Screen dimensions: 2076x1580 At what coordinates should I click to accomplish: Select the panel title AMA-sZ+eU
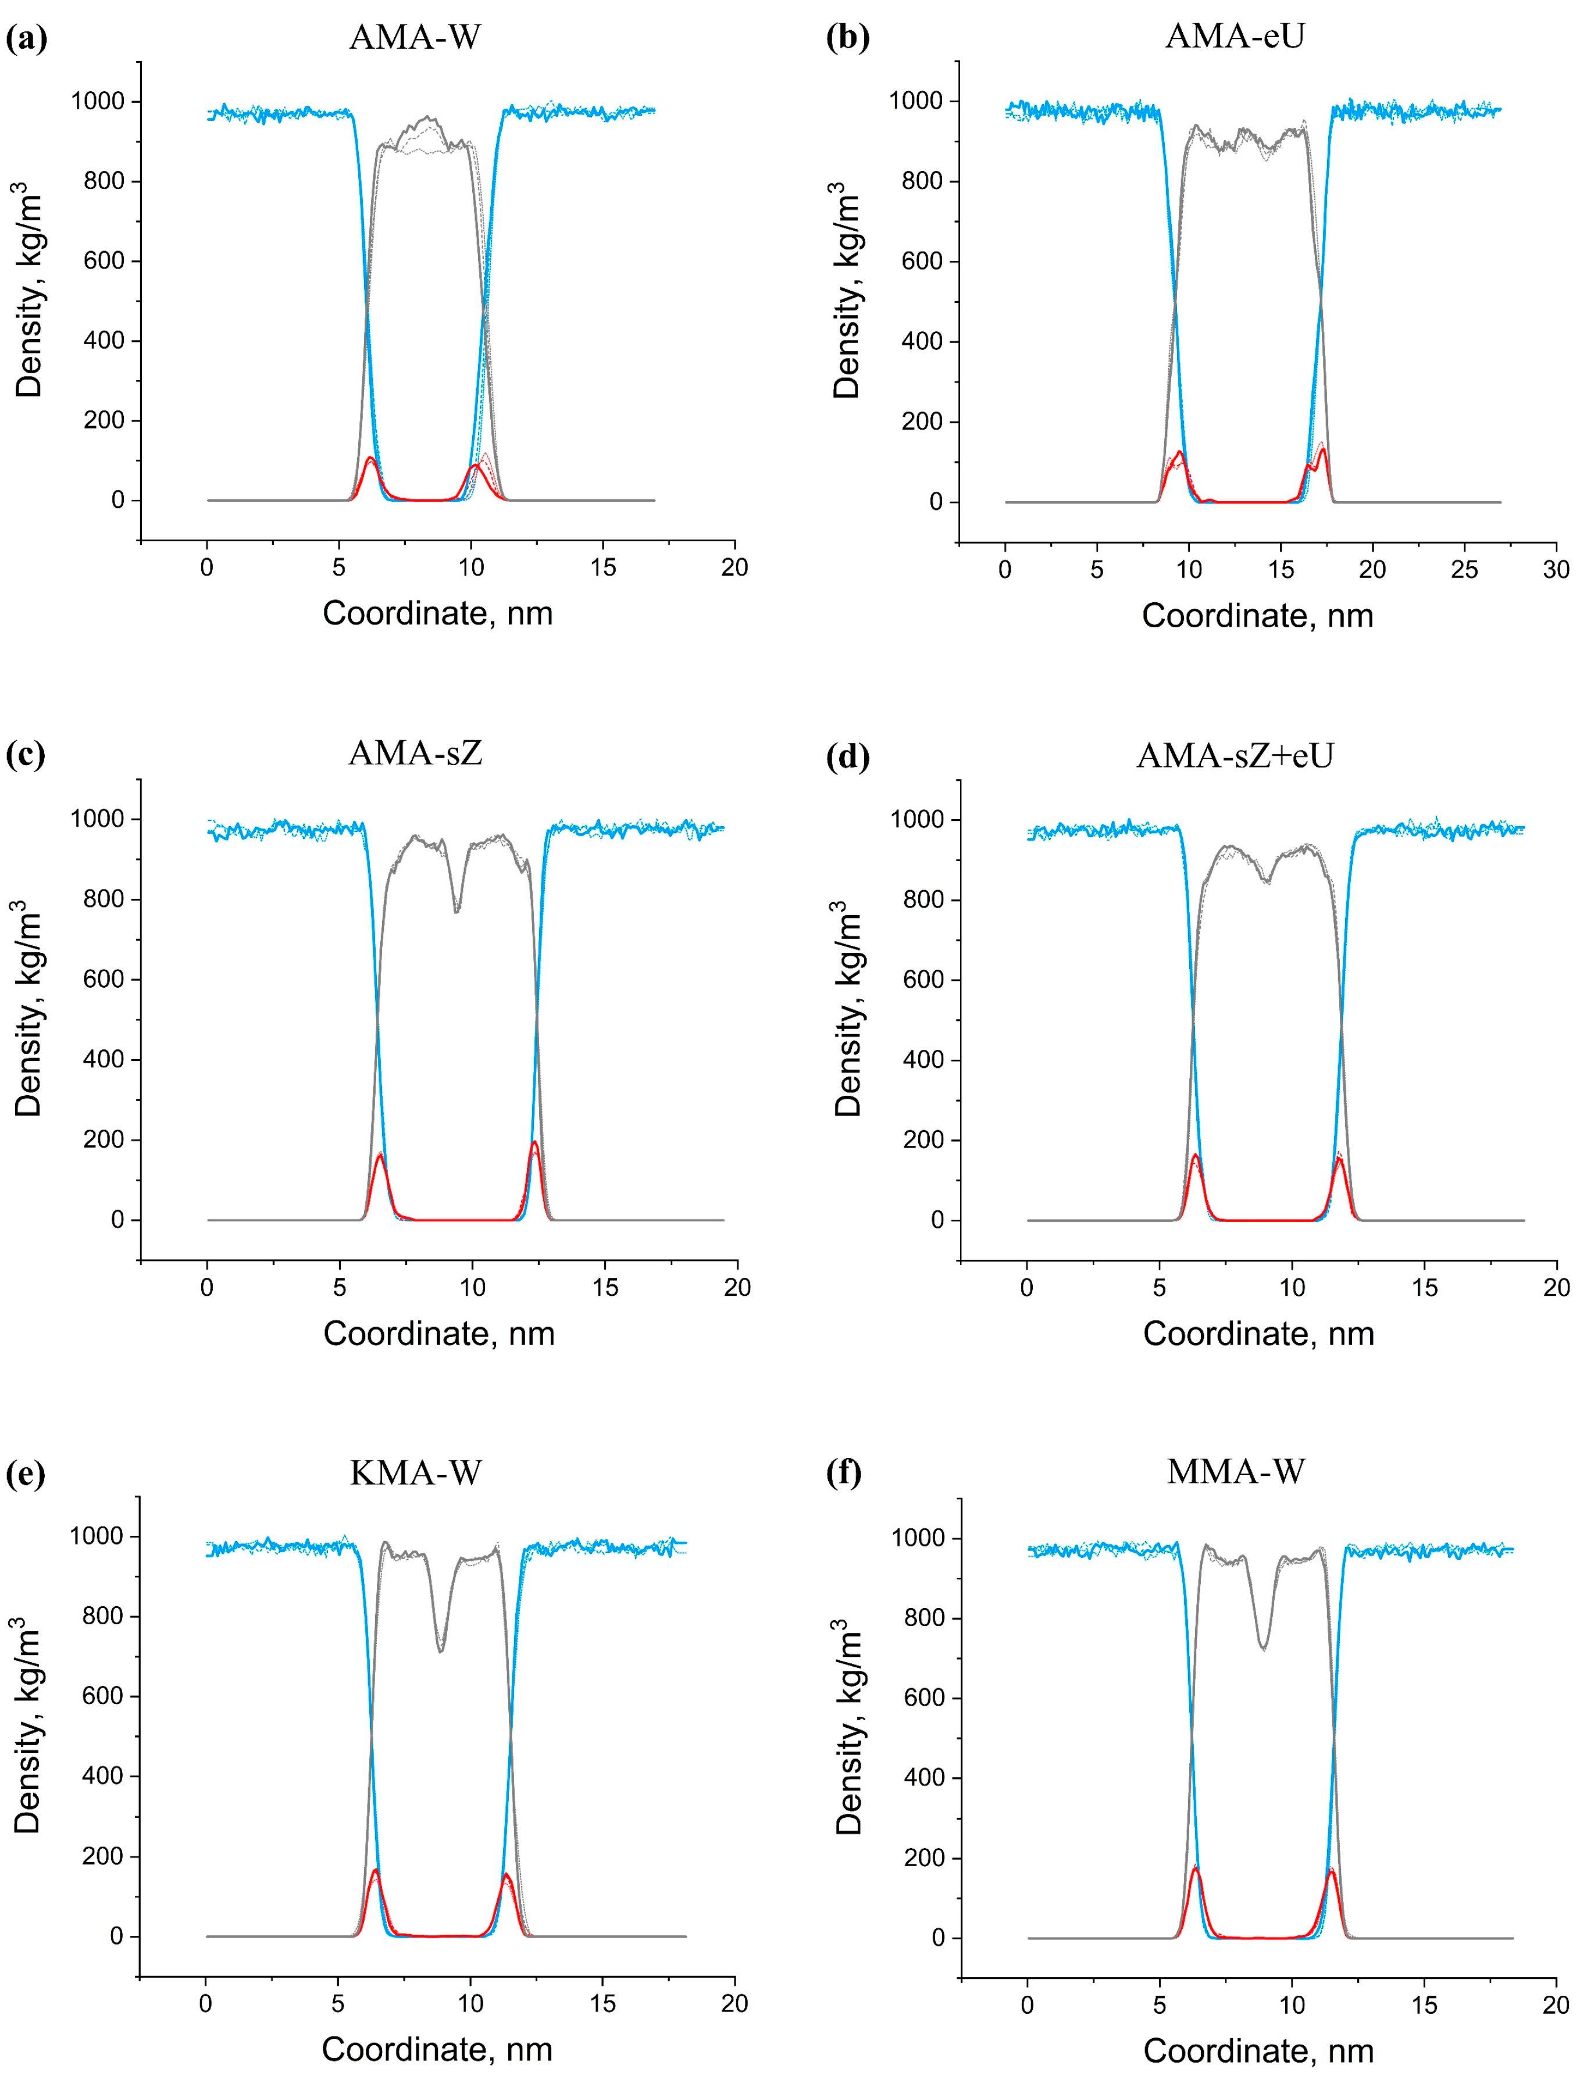[x=1235, y=756]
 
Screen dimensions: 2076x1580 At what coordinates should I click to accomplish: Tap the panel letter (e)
[x=26, y=1473]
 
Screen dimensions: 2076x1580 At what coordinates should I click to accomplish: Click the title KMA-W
[x=416, y=1473]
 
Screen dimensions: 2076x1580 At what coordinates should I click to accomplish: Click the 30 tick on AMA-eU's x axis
[x=1556, y=570]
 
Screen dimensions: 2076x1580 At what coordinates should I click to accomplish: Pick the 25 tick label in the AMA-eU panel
[x=1464, y=570]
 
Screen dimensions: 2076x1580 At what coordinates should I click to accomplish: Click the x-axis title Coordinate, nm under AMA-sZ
[x=438, y=1333]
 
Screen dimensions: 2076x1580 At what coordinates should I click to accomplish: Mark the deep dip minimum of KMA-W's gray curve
[x=441, y=1651]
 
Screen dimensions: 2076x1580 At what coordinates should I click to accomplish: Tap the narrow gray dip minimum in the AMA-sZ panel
[x=457, y=911]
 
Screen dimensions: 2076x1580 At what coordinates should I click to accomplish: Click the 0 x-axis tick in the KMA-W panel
[x=206, y=2003]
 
